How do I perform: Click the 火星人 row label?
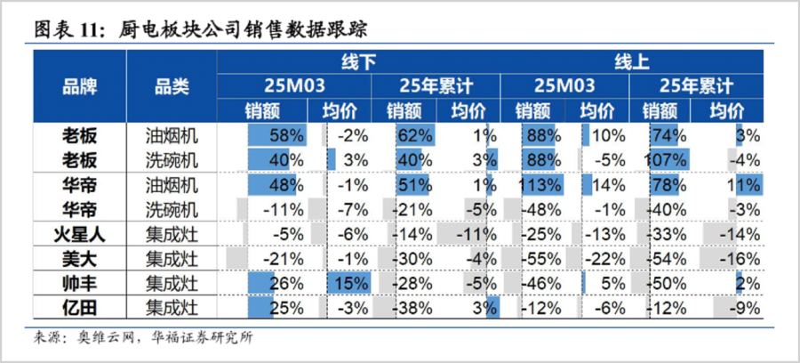(79, 235)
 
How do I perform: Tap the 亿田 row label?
(79, 309)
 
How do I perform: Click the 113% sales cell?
(542, 185)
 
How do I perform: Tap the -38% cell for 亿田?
(412, 309)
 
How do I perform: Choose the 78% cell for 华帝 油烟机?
(668, 185)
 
